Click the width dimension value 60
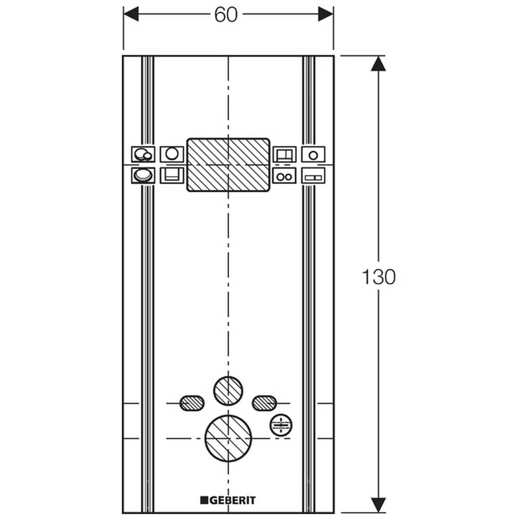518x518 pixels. tap(226, 16)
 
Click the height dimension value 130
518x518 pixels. tap(378, 277)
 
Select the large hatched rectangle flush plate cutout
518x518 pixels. tap(228, 164)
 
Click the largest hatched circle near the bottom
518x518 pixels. tap(228, 438)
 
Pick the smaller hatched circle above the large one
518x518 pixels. tap(228, 391)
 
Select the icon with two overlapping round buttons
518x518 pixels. tap(142, 154)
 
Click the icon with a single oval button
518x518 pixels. tap(142, 176)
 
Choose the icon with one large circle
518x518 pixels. tap(172, 154)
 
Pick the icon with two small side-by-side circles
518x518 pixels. tap(284, 176)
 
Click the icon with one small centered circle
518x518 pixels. tap(313, 154)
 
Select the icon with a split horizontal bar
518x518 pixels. tap(313, 176)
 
